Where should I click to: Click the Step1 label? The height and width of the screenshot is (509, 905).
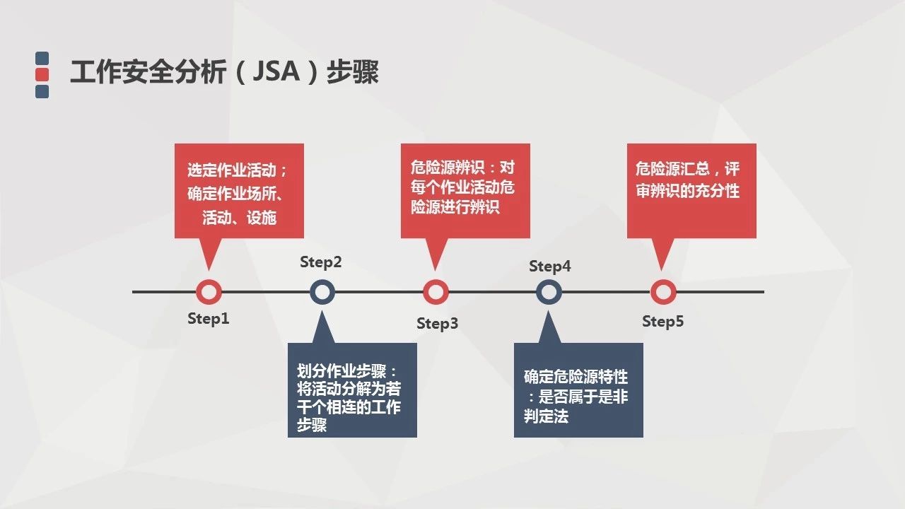(x=209, y=318)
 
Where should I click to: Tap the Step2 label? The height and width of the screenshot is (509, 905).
(x=321, y=262)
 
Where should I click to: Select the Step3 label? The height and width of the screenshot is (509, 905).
(x=437, y=324)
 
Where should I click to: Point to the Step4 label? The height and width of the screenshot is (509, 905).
(x=550, y=267)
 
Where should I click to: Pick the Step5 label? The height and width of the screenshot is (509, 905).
(x=663, y=322)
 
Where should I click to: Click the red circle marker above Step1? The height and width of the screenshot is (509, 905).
(x=209, y=291)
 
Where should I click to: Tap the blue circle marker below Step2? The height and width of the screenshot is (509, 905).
(x=322, y=291)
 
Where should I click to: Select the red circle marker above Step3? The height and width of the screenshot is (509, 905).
(x=436, y=291)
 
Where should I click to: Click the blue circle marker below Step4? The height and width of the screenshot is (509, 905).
(x=549, y=291)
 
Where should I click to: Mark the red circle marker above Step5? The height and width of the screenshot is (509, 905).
(x=663, y=291)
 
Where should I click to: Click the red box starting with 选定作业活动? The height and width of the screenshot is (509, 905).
(x=239, y=191)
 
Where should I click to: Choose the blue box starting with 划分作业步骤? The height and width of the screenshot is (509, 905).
(x=352, y=390)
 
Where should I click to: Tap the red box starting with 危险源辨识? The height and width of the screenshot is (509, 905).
(x=465, y=191)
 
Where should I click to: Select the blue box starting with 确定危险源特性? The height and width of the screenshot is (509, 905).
(x=578, y=390)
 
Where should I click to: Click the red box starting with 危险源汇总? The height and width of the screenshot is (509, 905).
(x=691, y=191)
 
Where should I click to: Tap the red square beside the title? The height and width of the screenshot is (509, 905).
(x=42, y=74)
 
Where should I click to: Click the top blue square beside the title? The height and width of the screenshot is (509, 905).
(x=42, y=58)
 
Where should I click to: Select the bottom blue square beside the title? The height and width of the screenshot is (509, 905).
(x=42, y=91)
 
